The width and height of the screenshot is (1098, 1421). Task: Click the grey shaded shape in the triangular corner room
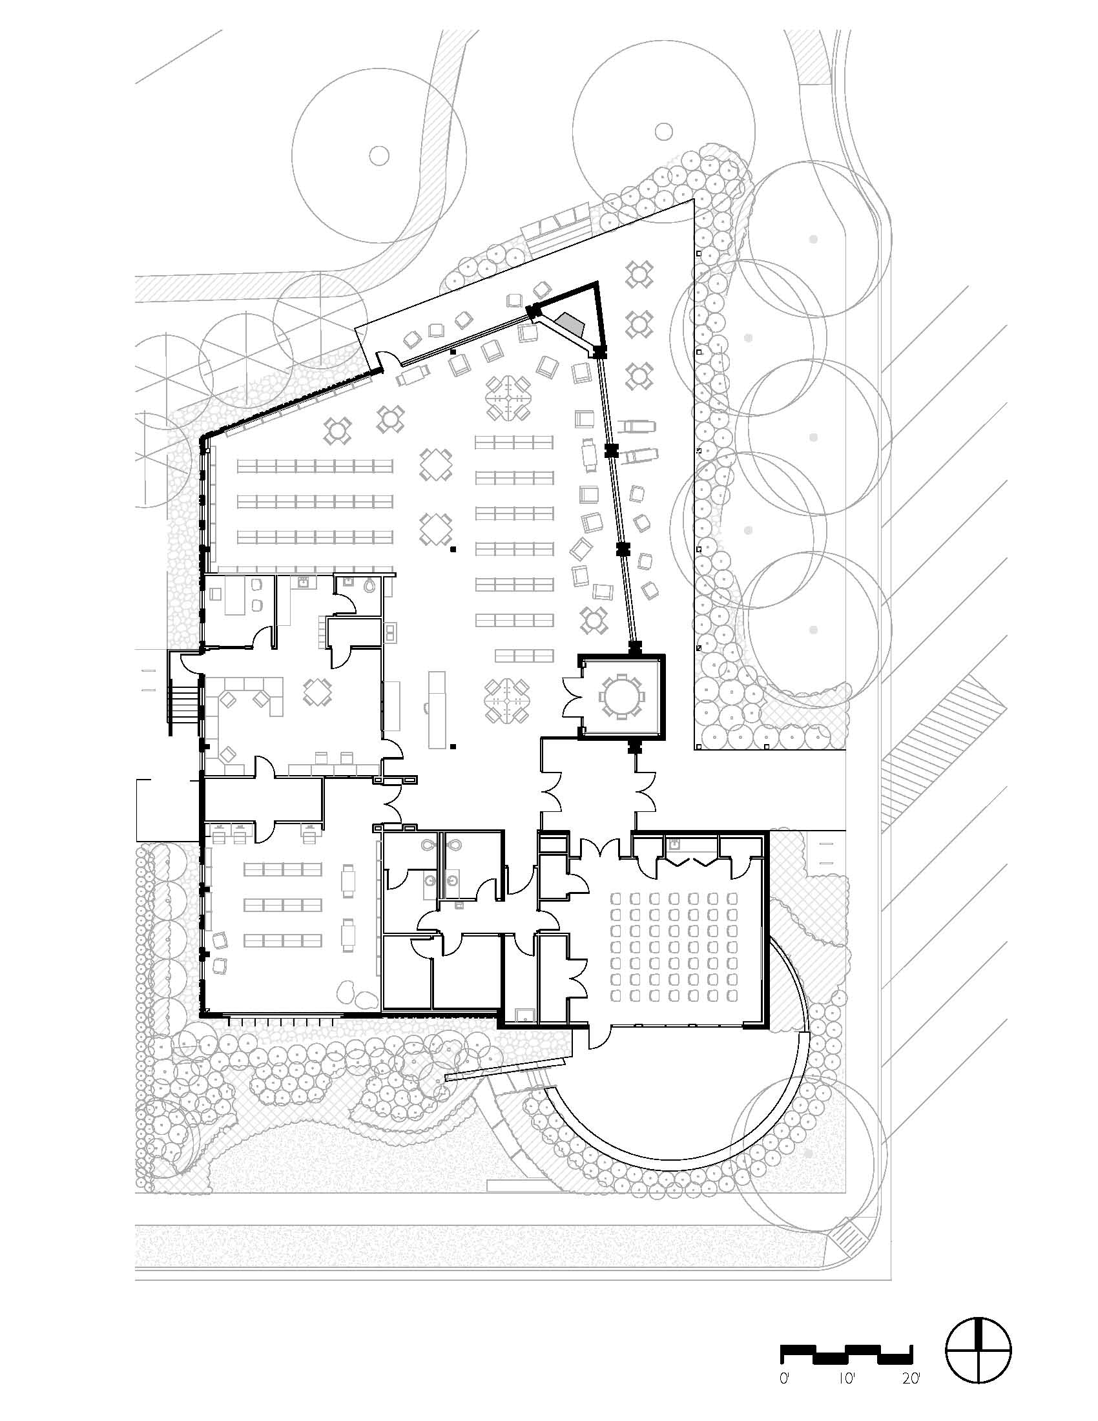tap(572, 323)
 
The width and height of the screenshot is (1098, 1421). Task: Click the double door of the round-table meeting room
tap(572, 697)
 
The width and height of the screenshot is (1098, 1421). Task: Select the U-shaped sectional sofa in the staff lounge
tap(251, 695)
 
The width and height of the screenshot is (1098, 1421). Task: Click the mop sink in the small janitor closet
tap(523, 1014)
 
